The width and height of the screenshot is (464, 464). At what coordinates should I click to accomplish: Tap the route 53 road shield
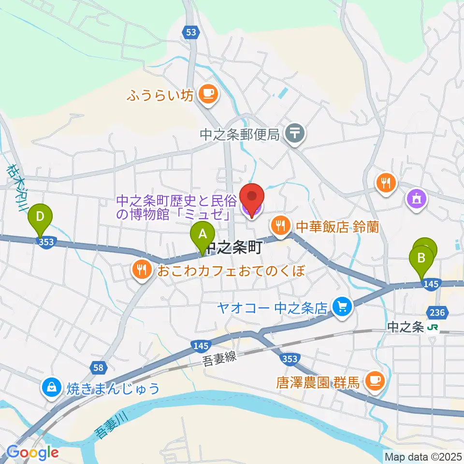coord(191,32)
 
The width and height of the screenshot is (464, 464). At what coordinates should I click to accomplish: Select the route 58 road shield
coord(99,368)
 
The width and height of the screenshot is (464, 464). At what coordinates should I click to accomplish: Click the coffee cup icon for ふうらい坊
coord(208,94)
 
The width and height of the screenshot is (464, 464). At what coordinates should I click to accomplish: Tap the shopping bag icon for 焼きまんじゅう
coord(51,387)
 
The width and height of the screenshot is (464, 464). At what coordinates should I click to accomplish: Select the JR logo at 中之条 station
coord(433,328)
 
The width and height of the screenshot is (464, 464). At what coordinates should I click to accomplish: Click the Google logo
coord(33,453)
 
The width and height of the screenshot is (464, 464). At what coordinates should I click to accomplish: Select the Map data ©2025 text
coord(422,456)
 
